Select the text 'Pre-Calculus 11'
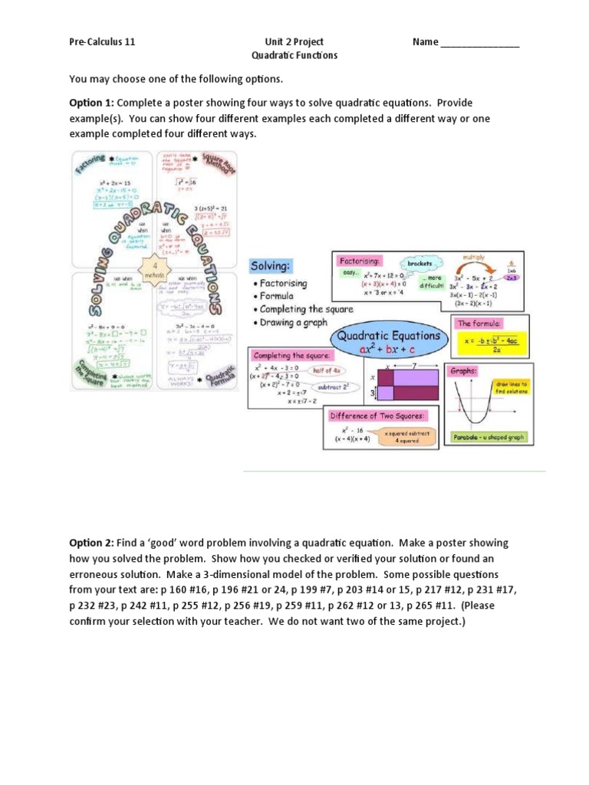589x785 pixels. coord(102,42)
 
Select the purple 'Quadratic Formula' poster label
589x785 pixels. coord(222,371)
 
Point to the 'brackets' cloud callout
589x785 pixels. coord(420,262)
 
